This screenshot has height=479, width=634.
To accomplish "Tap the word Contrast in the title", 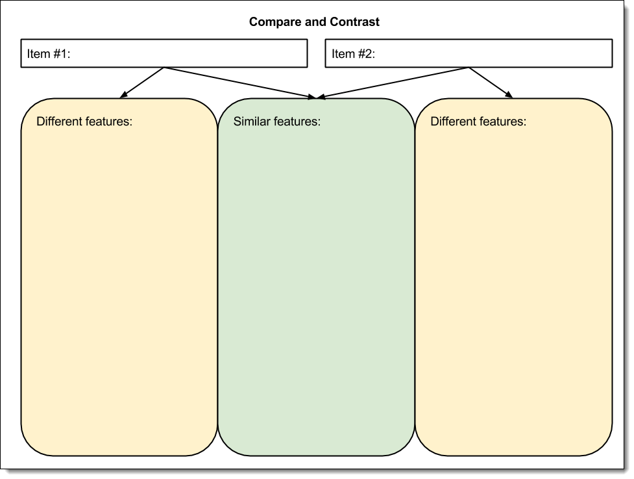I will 355,22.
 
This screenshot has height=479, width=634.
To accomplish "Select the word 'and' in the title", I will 315,22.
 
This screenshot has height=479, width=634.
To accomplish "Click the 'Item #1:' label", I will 49,54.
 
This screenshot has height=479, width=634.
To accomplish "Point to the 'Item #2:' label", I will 353,54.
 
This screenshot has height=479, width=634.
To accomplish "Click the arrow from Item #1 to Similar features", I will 240,83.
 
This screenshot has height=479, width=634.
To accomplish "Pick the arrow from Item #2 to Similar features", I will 393,83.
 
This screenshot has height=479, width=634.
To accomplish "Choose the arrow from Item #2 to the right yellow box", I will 490,82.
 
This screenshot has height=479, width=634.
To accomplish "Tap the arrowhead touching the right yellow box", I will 509,96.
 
